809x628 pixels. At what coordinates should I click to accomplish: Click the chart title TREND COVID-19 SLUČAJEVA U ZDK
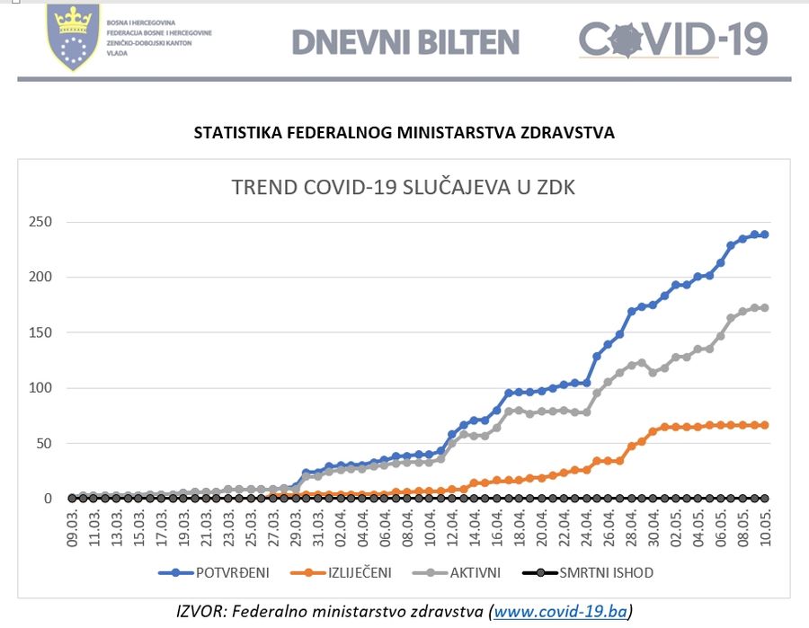tap(404, 188)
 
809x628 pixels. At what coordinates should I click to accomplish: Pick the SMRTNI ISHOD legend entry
tap(606, 571)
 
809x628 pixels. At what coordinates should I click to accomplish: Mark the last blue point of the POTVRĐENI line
tap(765, 234)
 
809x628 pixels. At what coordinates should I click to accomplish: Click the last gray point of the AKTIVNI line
tap(765, 307)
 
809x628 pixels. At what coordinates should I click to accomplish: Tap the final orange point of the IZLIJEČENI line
tap(765, 425)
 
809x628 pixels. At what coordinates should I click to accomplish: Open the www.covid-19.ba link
tap(559, 612)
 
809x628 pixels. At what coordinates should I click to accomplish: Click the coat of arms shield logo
tap(73, 38)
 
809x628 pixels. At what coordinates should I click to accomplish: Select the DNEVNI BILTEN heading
tap(405, 41)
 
